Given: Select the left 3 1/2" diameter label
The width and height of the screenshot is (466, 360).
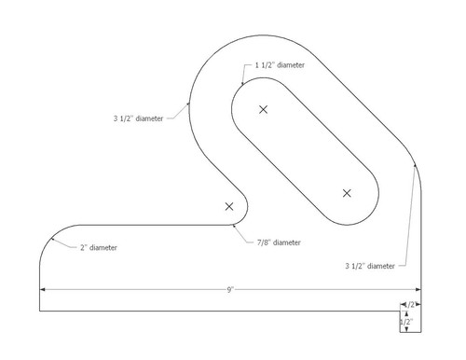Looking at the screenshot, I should tap(137, 118).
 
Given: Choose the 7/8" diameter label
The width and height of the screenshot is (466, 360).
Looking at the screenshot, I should tap(279, 242).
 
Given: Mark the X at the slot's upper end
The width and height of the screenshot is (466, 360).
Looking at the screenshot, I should tap(263, 110).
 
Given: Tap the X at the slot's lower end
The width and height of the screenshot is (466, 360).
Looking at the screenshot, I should tap(347, 193).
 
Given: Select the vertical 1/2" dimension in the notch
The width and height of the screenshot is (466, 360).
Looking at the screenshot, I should tap(406, 322).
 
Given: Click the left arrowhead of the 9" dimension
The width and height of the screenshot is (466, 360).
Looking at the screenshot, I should tap(41, 290).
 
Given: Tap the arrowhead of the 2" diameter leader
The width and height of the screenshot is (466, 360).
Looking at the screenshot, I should tap(53, 240).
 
